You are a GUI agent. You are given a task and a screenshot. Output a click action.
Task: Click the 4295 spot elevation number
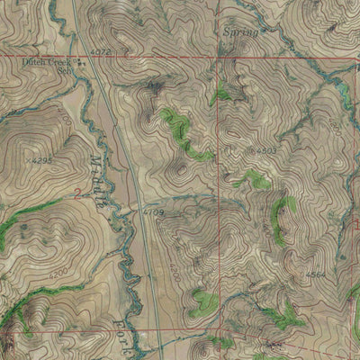[43, 160]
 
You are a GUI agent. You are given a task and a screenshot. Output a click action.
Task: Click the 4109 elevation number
[152, 212]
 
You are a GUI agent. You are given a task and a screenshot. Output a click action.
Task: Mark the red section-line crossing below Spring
[218, 58]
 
